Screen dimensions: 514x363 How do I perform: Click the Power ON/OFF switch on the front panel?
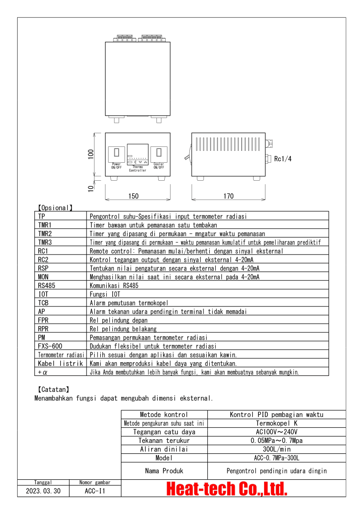[x=116, y=153]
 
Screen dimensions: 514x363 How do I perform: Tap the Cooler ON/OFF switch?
[x=159, y=153]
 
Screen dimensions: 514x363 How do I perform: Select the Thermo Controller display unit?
[x=138, y=154]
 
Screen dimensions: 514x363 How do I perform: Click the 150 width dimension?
[x=133, y=196]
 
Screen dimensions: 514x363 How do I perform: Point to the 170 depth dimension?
[x=229, y=196]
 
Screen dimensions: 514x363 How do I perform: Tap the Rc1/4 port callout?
[x=283, y=159]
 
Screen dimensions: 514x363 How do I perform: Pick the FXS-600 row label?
[x=50, y=346]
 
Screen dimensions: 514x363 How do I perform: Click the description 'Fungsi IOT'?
[x=105, y=294]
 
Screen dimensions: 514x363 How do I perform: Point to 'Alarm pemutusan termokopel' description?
[x=129, y=303]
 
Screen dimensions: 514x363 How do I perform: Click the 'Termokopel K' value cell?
[x=276, y=423]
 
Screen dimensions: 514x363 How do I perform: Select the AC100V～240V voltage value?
[x=276, y=432]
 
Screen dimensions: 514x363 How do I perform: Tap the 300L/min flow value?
[x=276, y=449]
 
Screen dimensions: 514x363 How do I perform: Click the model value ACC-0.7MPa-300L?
[x=276, y=458]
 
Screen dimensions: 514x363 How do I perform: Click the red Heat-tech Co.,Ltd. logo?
[x=227, y=489]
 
